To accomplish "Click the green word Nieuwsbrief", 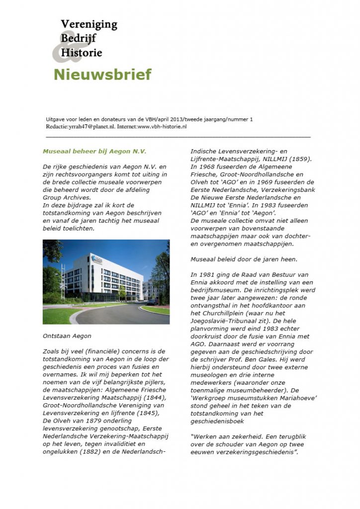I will [102, 75].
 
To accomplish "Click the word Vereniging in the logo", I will [89, 24].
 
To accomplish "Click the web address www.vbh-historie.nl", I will [162, 127].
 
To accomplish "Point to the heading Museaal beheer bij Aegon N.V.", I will [94, 151].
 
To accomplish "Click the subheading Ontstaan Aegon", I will [67, 336].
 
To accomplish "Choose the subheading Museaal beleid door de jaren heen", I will [240, 259].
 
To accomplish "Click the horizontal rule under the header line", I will [178, 136].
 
